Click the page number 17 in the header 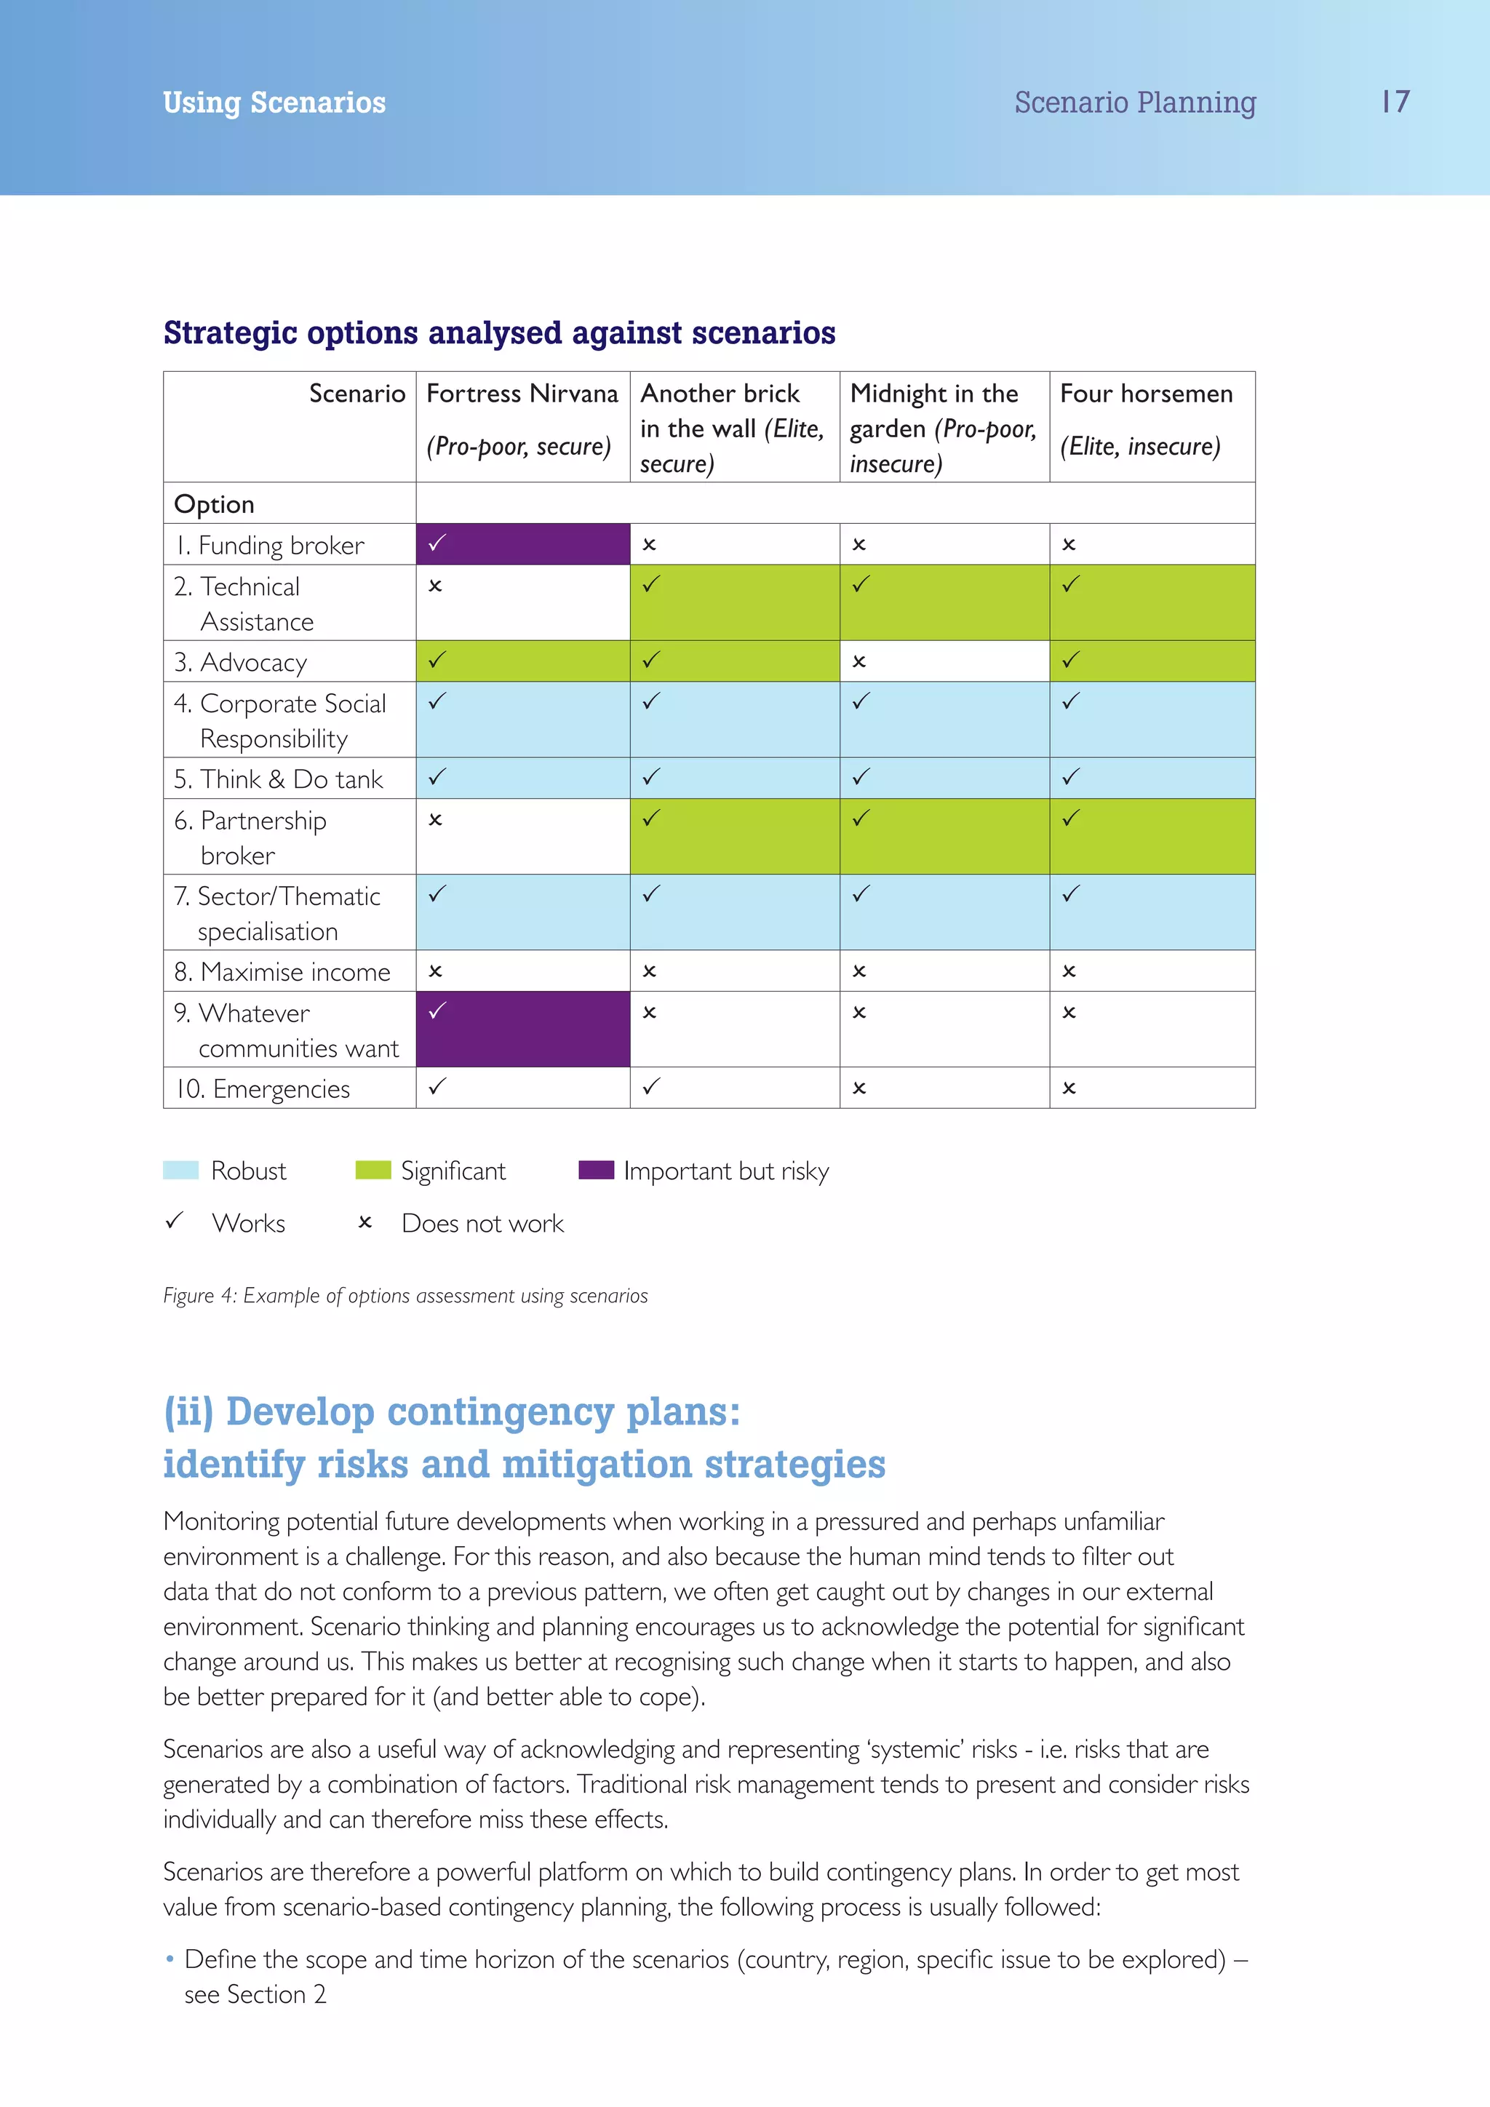pos(1395,102)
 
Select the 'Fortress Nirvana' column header pos(522,394)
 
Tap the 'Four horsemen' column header pos(1146,394)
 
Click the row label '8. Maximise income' pos(282,972)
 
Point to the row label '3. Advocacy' pos(240,663)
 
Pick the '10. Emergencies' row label pos(263,1089)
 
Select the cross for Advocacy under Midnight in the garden pos(858,661)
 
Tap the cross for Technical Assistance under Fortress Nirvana pos(436,586)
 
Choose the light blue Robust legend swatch pos(180,1170)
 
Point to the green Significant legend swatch pos(372,1170)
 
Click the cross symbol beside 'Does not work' pos(365,1222)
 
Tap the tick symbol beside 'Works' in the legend pos(175,1222)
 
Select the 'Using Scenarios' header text pos(274,103)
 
